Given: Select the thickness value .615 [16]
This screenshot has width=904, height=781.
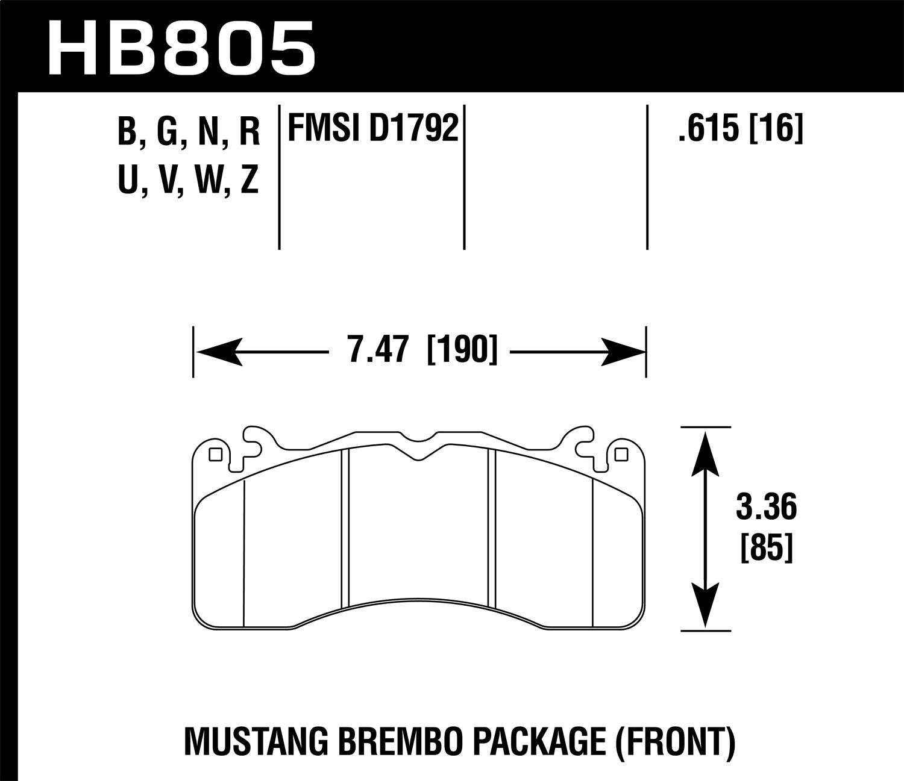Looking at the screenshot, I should tap(740, 128).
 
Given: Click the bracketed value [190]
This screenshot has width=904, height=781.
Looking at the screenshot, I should tap(462, 350).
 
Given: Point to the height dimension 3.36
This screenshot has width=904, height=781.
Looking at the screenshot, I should tap(766, 507).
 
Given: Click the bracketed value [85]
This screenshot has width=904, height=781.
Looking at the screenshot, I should tap(765, 549).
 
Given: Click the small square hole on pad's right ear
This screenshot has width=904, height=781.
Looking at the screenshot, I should tap(621, 455).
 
